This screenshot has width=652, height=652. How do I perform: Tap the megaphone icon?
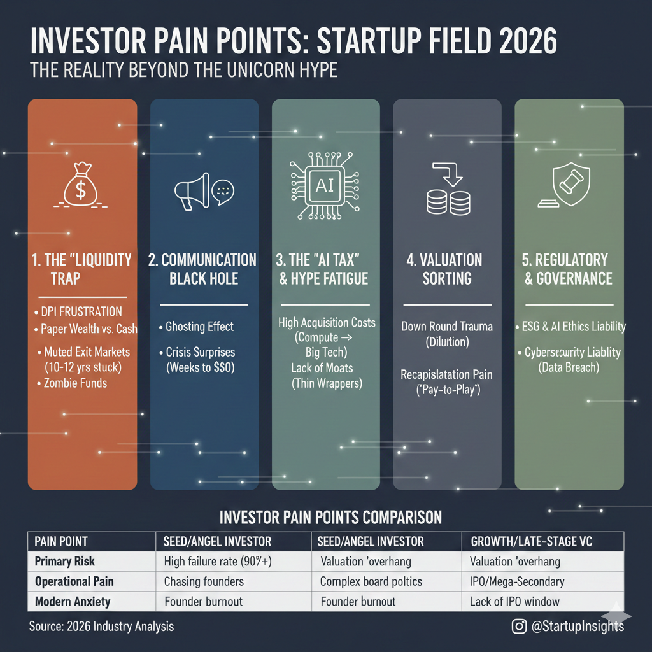[192, 191]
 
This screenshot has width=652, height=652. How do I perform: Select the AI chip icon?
[325, 186]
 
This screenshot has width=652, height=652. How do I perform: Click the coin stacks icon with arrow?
[448, 188]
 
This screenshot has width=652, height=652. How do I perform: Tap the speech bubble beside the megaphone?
[223, 192]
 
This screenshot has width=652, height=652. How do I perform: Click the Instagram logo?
[519, 626]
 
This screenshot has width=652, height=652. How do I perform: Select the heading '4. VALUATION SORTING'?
[446, 269]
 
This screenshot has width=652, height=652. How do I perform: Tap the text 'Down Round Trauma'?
[447, 327]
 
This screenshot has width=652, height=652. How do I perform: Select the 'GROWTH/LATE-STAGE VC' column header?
[532, 541]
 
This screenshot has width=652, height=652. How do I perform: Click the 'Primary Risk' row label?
[64, 562]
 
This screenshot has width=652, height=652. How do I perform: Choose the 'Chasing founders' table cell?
[204, 581]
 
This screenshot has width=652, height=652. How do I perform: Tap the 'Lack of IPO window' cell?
[514, 601]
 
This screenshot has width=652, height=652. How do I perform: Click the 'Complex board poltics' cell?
[371, 581]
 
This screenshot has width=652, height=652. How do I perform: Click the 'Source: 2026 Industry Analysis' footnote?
[101, 627]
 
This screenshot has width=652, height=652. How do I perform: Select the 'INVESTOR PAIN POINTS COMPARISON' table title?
[330, 518]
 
